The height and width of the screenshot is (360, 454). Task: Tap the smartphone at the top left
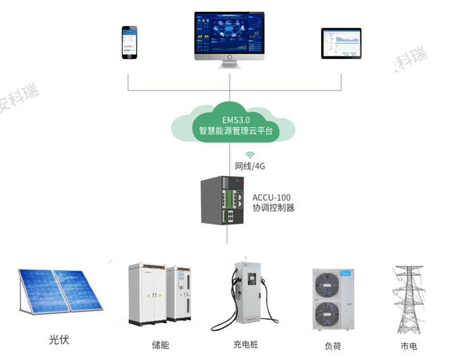[x=130, y=42]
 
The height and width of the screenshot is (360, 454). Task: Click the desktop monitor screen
[x=229, y=34]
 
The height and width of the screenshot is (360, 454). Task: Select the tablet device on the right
[x=341, y=43]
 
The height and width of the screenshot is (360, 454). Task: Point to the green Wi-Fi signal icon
[x=250, y=154]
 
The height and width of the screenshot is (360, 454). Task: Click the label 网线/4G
[x=250, y=167]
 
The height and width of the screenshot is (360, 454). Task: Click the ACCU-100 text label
[x=272, y=197]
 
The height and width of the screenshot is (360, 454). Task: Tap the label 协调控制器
[x=273, y=208]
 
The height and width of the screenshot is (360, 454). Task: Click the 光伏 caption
[x=59, y=340]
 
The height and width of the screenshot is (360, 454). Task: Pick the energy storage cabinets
[x=159, y=295]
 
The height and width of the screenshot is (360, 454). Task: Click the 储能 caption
[x=161, y=345]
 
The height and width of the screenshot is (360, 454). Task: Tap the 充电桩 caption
[x=246, y=345]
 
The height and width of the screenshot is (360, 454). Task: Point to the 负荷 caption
[x=333, y=346]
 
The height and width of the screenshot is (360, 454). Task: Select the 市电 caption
[x=408, y=346]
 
